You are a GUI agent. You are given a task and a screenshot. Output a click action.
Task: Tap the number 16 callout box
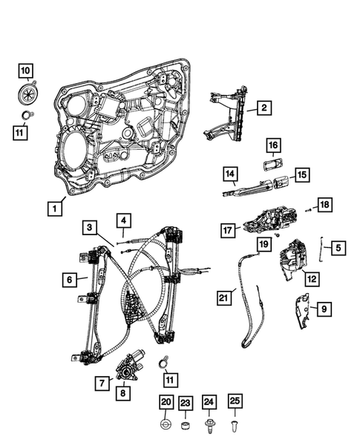coord(272,145)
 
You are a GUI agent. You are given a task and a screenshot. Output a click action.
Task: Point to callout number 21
coord(225,298)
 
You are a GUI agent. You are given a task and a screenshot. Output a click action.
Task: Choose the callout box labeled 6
coord(68,280)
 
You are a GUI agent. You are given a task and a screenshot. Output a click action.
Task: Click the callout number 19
coord(263,244)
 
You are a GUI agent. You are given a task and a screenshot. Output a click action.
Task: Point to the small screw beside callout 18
coord(305,210)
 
